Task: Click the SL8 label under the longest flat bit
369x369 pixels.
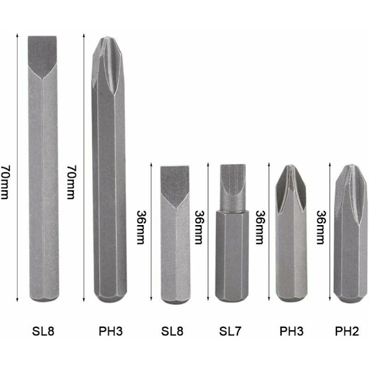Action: [x=43, y=331]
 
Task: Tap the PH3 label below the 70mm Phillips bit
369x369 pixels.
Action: [x=111, y=331]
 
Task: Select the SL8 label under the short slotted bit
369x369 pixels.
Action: [x=172, y=331]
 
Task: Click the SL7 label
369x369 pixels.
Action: [x=230, y=331]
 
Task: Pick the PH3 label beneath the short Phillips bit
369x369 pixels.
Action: [x=292, y=331]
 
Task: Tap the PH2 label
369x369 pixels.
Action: [x=347, y=331]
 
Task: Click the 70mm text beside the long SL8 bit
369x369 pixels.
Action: [x=5, y=182]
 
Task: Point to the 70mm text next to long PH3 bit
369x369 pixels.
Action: [x=71, y=182]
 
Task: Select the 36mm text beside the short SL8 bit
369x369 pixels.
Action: [x=141, y=227]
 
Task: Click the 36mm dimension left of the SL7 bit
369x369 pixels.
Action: [x=199, y=227]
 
